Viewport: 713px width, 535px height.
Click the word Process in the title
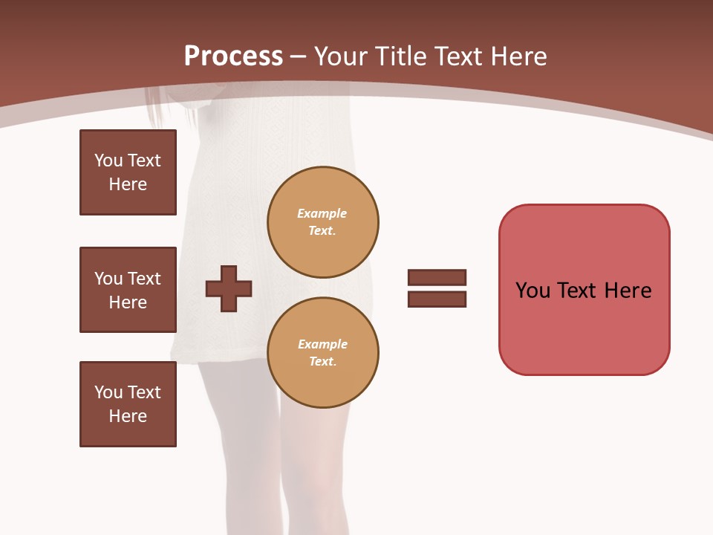(233, 56)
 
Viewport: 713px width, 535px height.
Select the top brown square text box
(128, 172)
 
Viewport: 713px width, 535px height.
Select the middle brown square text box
(128, 290)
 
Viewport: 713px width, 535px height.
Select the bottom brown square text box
(128, 404)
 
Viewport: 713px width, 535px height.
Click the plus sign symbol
(229, 288)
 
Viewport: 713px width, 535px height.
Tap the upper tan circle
(322, 222)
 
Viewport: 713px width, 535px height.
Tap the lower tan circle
(322, 353)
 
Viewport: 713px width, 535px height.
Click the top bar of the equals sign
(437, 277)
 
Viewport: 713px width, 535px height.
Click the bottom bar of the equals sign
(437, 299)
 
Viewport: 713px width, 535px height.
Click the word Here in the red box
(628, 291)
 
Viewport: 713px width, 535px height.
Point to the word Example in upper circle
(322, 213)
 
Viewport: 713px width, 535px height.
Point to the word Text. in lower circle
(322, 362)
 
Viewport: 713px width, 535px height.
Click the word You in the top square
(108, 160)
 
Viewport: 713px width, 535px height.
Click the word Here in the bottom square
(128, 416)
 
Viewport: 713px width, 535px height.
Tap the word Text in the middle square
(144, 279)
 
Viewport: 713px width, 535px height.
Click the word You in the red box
(533, 291)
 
